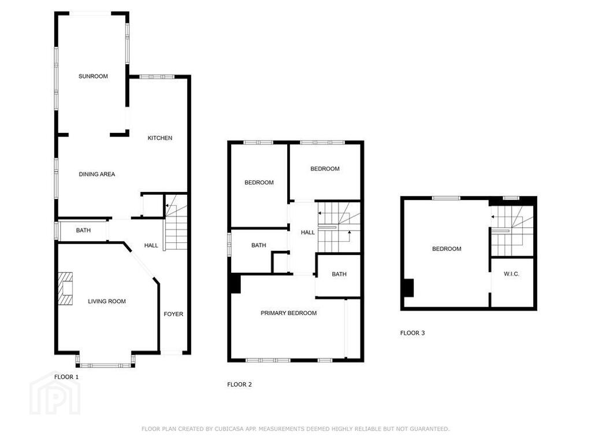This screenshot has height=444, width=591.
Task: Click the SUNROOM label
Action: pyautogui.click(x=93, y=76)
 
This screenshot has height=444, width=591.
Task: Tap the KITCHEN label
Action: pyautogui.click(x=160, y=138)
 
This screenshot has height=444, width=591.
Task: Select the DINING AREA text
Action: pyautogui.click(x=97, y=174)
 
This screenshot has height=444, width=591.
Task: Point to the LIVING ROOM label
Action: pyautogui.click(x=107, y=301)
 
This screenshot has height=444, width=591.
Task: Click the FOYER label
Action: pyautogui.click(x=173, y=314)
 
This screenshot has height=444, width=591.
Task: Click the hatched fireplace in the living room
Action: pyautogui.click(x=65, y=288)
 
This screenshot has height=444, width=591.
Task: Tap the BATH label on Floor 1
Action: pyautogui.click(x=83, y=231)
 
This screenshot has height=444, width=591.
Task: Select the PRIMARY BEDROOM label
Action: pyautogui.click(x=289, y=313)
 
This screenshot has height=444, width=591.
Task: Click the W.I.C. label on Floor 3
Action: pyautogui.click(x=511, y=274)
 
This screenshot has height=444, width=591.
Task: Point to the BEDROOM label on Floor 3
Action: pyautogui.click(x=447, y=249)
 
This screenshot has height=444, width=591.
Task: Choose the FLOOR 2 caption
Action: pyautogui.click(x=239, y=385)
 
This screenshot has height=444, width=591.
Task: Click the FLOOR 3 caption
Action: pyautogui.click(x=412, y=333)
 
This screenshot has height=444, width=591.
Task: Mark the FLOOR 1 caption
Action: pyautogui.click(x=66, y=377)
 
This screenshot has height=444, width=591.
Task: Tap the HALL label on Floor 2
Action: pyautogui.click(x=308, y=232)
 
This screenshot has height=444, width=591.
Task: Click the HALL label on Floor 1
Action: pyautogui.click(x=151, y=246)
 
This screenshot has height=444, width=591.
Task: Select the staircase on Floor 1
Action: pyautogui.click(x=176, y=222)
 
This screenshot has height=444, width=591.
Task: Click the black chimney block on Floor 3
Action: pyautogui.click(x=408, y=288)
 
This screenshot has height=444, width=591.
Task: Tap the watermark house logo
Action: pyautogui.click(x=55, y=394)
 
